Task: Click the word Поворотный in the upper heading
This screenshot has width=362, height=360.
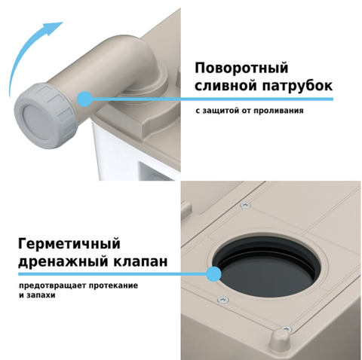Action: click(x=241, y=69)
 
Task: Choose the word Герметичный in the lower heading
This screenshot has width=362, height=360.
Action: click(x=69, y=244)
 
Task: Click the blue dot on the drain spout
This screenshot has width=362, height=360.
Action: click(x=84, y=99)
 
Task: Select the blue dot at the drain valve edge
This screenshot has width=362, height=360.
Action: click(x=213, y=274)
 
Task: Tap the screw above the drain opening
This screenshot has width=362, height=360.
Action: click(x=245, y=205)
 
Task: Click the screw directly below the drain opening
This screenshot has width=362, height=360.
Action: click(x=223, y=300)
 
